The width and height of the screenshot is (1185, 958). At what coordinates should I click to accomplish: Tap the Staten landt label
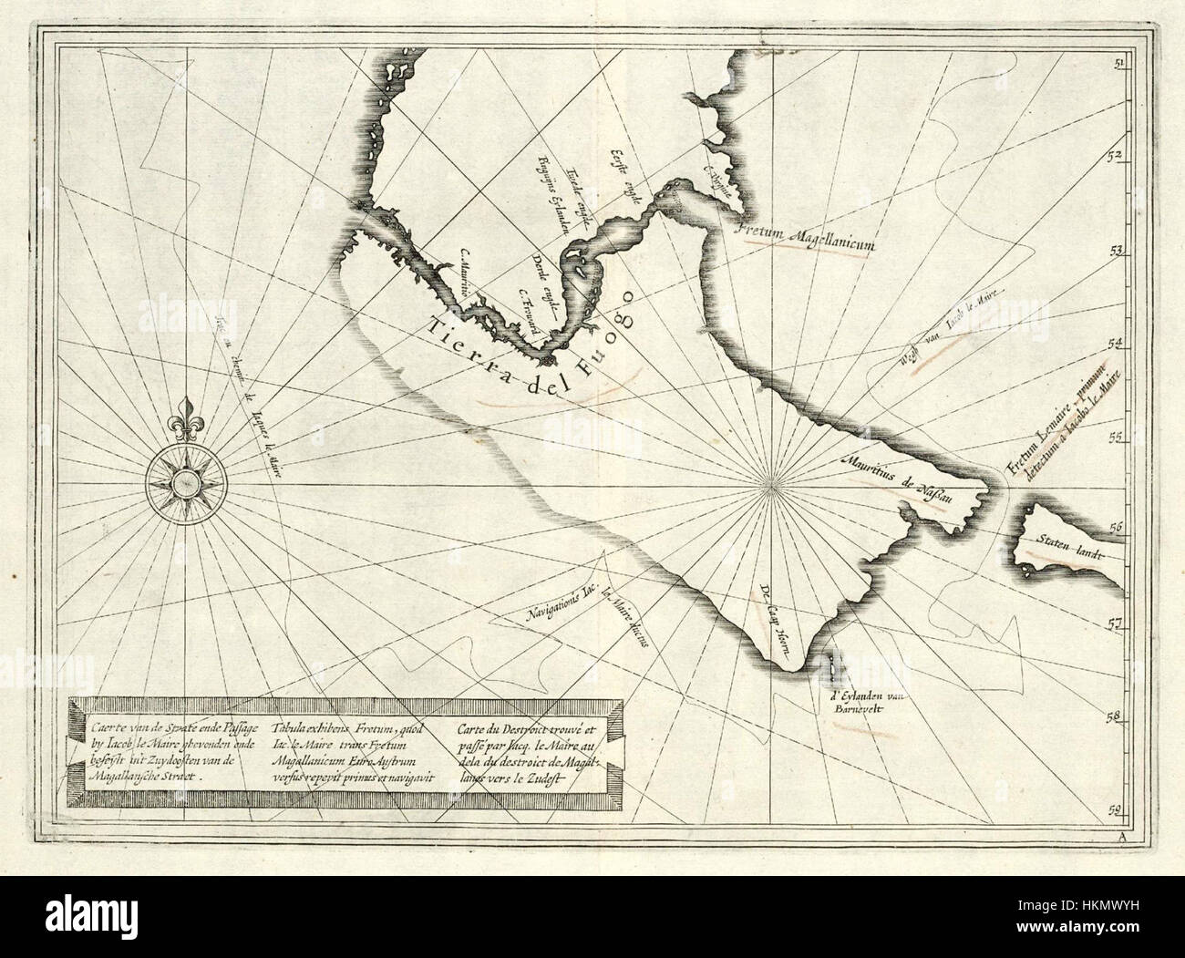[1068, 547]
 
